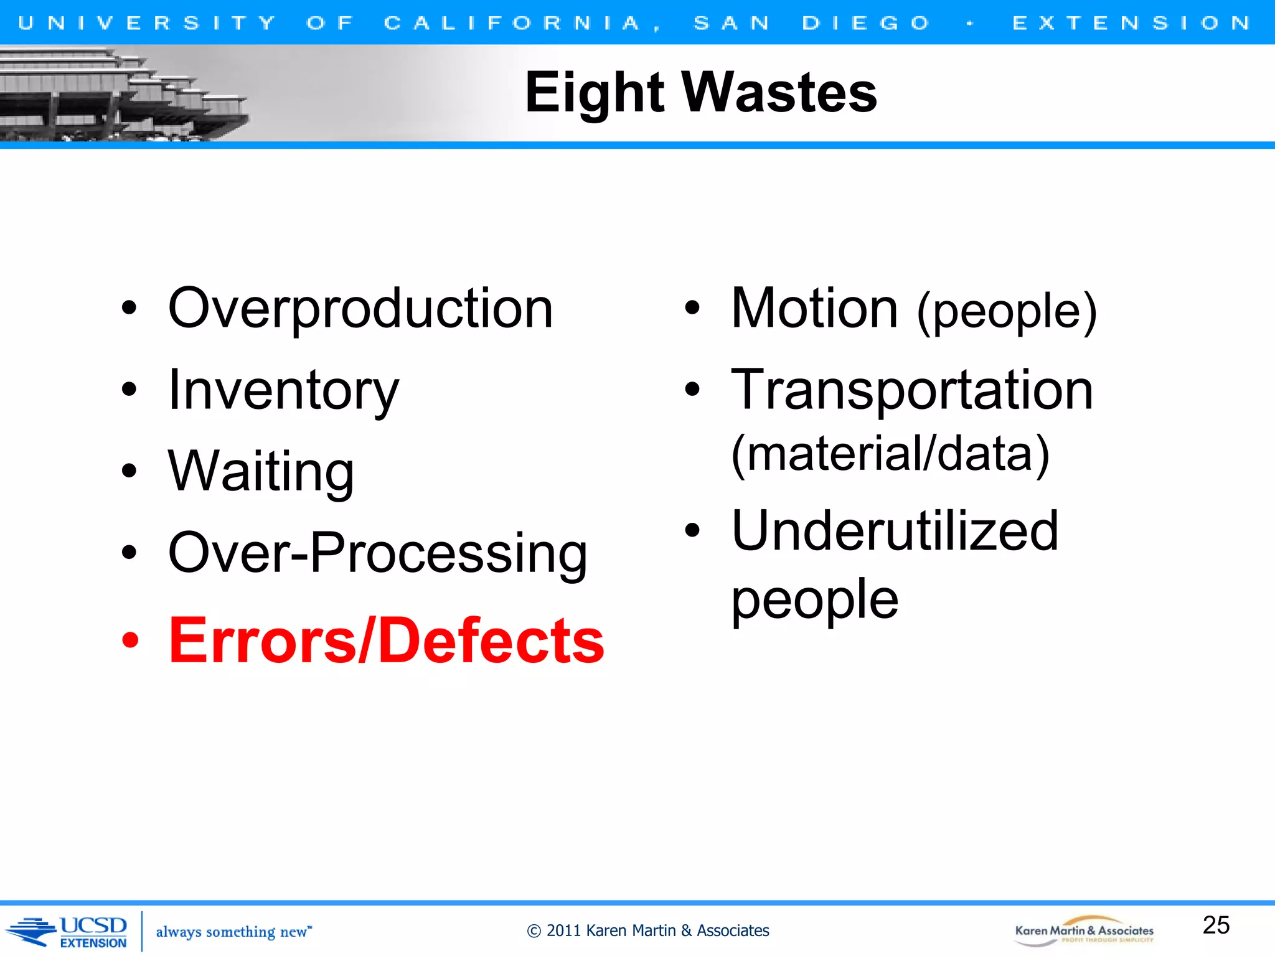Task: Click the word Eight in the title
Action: tap(595, 93)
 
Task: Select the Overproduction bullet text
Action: tap(360, 309)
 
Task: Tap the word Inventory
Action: tap(283, 390)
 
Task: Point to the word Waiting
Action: tap(261, 471)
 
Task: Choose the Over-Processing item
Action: tap(377, 553)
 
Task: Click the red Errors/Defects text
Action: tap(386, 640)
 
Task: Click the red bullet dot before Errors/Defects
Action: tap(130, 640)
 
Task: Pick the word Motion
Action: tap(814, 309)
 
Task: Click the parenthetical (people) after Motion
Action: tap(1007, 311)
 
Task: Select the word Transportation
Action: tap(912, 390)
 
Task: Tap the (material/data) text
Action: tap(890, 454)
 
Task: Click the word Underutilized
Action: tap(895, 531)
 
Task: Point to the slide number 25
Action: tap(1216, 925)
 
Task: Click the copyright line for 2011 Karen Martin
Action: tap(647, 930)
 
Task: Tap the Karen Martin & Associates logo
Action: tap(1084, 932)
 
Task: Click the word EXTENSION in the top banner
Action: tap(1131, 23)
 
